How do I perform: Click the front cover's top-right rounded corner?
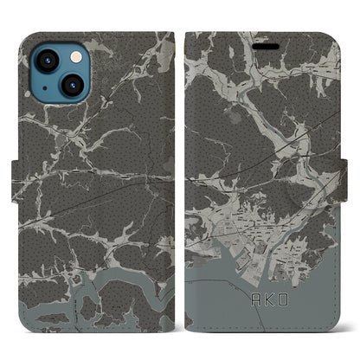click(x=341, y=35)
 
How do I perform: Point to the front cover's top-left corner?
click(x=189, y=35)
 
